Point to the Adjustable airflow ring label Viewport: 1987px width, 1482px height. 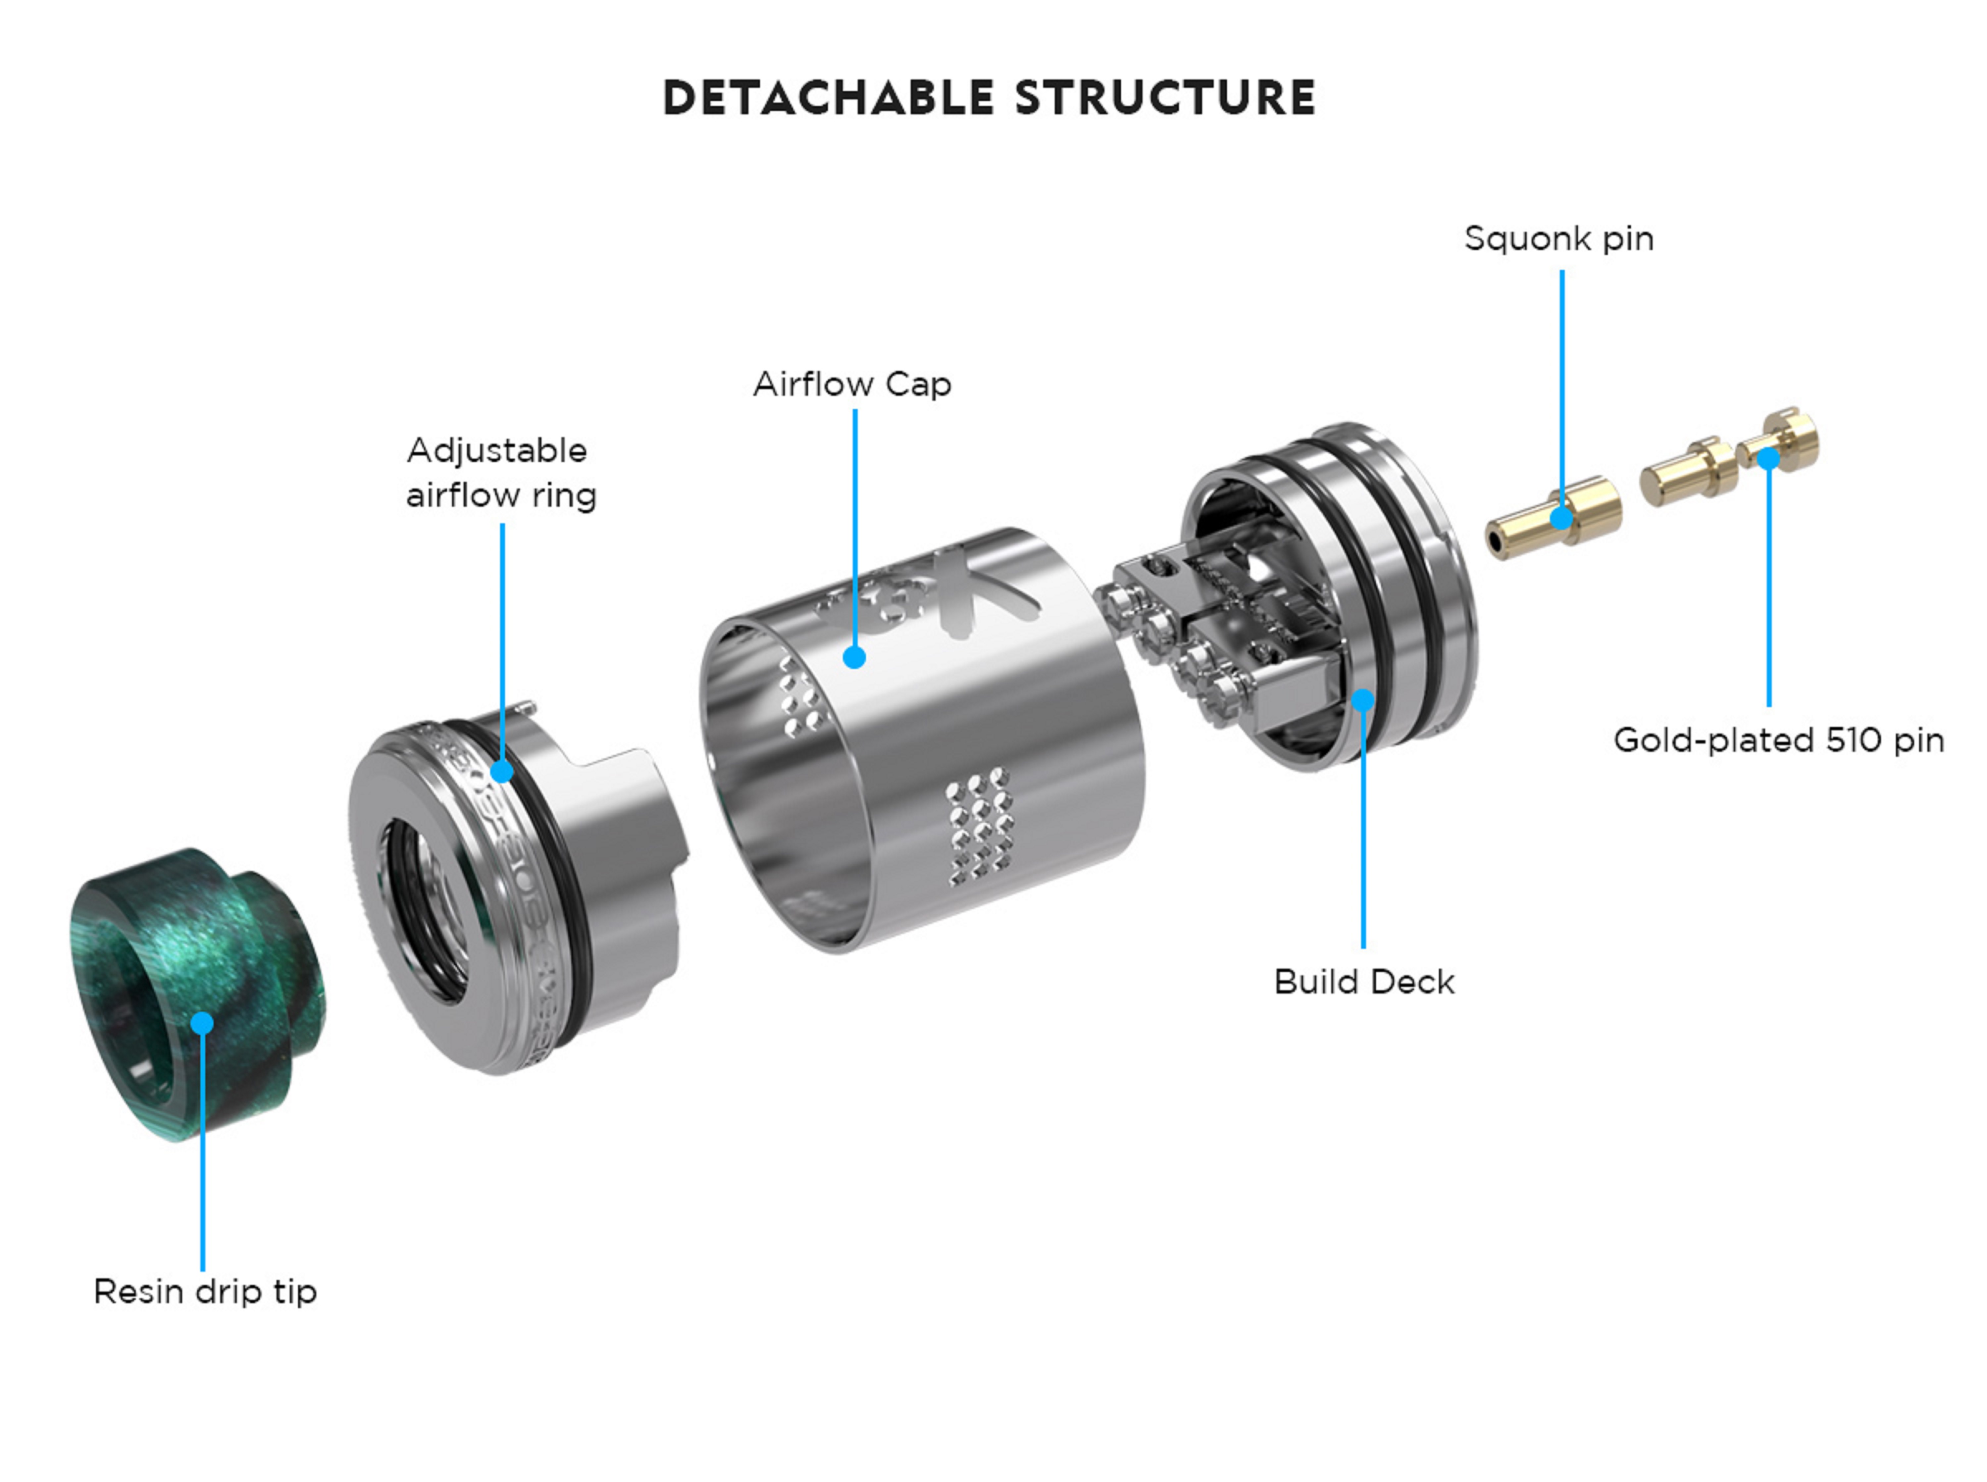click(x=501, y=473)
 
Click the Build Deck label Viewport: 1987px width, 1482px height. click(x=1363, y=981)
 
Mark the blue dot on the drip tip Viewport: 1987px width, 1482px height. click(x=203, y=1023)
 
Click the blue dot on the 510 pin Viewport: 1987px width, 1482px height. click(x=1768, y=458)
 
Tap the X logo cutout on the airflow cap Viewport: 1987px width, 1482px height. click(x=987, y=610)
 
